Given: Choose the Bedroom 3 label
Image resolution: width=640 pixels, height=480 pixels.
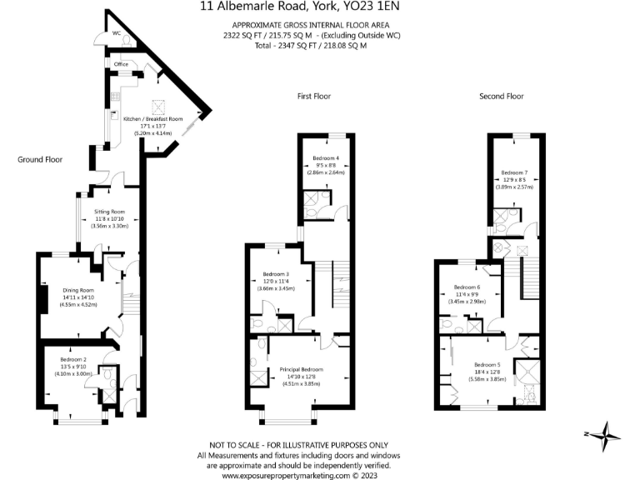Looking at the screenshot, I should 276,274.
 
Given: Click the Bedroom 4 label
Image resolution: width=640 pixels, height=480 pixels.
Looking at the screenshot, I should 326,158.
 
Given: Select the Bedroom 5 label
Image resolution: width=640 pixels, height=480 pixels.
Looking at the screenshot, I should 487,364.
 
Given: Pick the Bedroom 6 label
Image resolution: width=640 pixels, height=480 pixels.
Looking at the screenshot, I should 467,287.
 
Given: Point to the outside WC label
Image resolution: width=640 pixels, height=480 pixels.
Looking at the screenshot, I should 116,33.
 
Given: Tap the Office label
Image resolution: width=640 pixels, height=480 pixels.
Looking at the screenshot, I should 120,64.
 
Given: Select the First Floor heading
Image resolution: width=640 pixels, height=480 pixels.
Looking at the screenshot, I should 313,97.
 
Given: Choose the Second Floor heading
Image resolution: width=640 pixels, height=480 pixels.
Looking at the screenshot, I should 501,97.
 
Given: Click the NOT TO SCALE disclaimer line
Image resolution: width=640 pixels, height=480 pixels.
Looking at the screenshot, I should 298,446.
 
